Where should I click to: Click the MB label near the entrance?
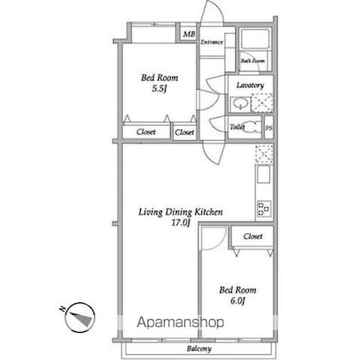tap(188, 35)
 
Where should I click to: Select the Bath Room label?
tap(251, 61)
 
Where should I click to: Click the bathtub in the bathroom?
tap(254, 41)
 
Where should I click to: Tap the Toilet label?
tap(238, 127)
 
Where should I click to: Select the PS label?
tap(268, 128)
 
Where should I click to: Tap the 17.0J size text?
tap(180, 224)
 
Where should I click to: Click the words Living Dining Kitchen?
tap(181, 213)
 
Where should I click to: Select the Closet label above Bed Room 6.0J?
tap(251, 236)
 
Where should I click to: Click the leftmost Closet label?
tap(146, 132)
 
